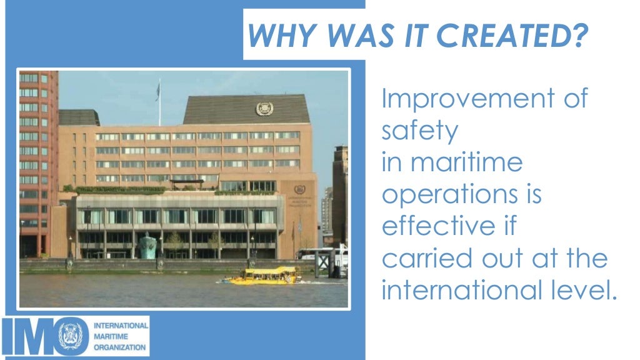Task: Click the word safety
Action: pos(419,131)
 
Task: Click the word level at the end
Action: pos(584,290)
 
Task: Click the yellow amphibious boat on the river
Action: pos(266,275)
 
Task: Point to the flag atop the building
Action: pos(157,91)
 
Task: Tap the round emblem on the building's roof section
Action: pos(264,109)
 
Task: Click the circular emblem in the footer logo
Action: pos(73,336)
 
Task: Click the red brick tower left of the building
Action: pos(37,162)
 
